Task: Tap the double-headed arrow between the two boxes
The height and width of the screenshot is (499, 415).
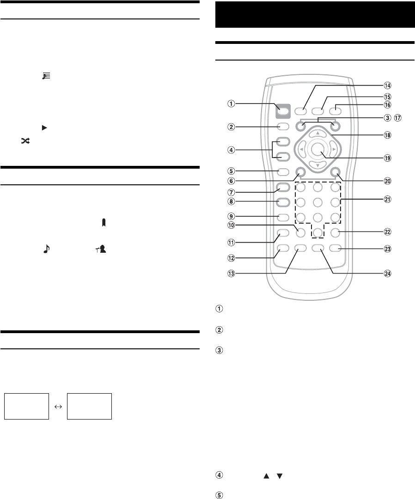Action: [x=58, y=407]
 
